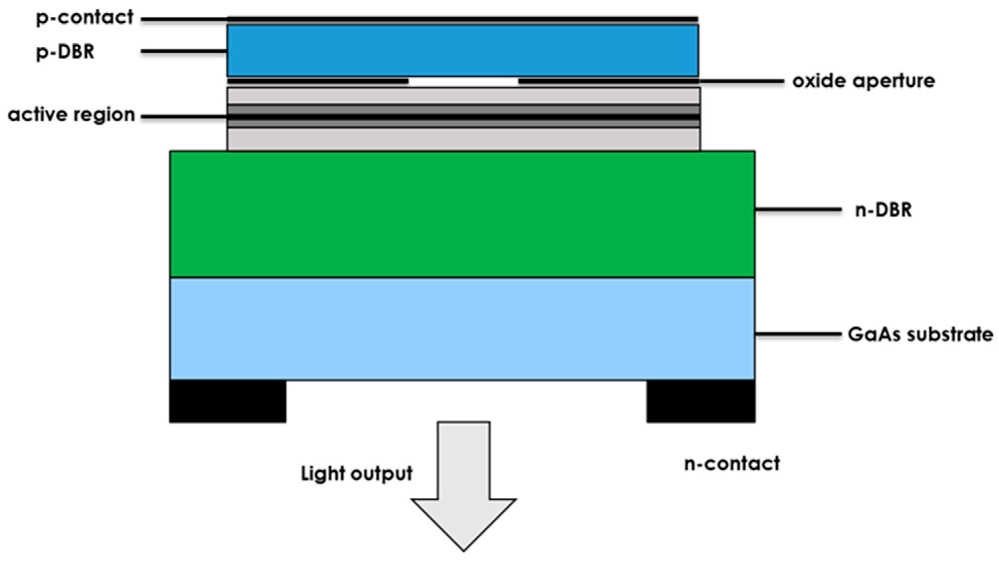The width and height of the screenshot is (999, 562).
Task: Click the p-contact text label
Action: (85, 17)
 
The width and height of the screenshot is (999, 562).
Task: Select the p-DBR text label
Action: (65, 52)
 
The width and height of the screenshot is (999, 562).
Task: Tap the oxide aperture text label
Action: (864, 81)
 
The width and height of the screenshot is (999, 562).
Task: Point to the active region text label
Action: (71, 115)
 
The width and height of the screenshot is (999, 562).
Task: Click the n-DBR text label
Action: (883, 210)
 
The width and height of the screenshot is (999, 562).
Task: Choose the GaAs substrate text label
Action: (920, 334)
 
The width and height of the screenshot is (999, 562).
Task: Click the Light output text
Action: (357, 473)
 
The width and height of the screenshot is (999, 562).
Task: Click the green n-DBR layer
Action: (462, 214)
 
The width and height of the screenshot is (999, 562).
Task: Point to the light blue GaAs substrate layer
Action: (462, 328)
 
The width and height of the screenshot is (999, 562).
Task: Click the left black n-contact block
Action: (228, 401)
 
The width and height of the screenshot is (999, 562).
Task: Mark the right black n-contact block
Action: (701, 401)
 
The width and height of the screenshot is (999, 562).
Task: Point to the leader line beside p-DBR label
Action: (184, 51)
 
